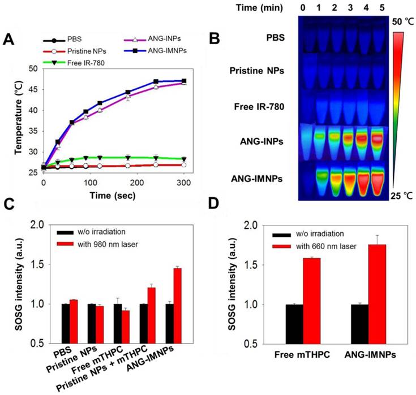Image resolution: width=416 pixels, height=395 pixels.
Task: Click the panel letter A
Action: click(x=9, y=40)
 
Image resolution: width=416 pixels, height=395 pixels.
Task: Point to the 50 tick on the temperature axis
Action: click(x=33, y=69)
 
